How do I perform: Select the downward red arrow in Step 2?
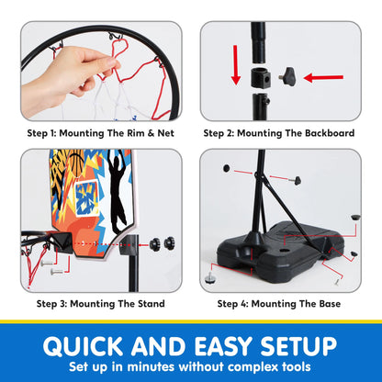pyautogui.click(x=234, y=75)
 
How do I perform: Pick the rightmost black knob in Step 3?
pyautogui.click(x=168, y=244)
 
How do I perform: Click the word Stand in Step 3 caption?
pyautogui.click(x=150, y=304)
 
